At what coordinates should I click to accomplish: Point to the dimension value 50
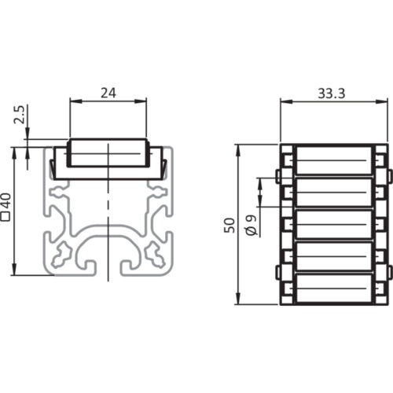coord(228,226)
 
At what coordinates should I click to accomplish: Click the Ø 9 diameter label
coord(250,226)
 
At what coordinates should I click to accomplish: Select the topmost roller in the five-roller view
coord(334,160)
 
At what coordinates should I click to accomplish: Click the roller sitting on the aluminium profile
coord(108,154)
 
